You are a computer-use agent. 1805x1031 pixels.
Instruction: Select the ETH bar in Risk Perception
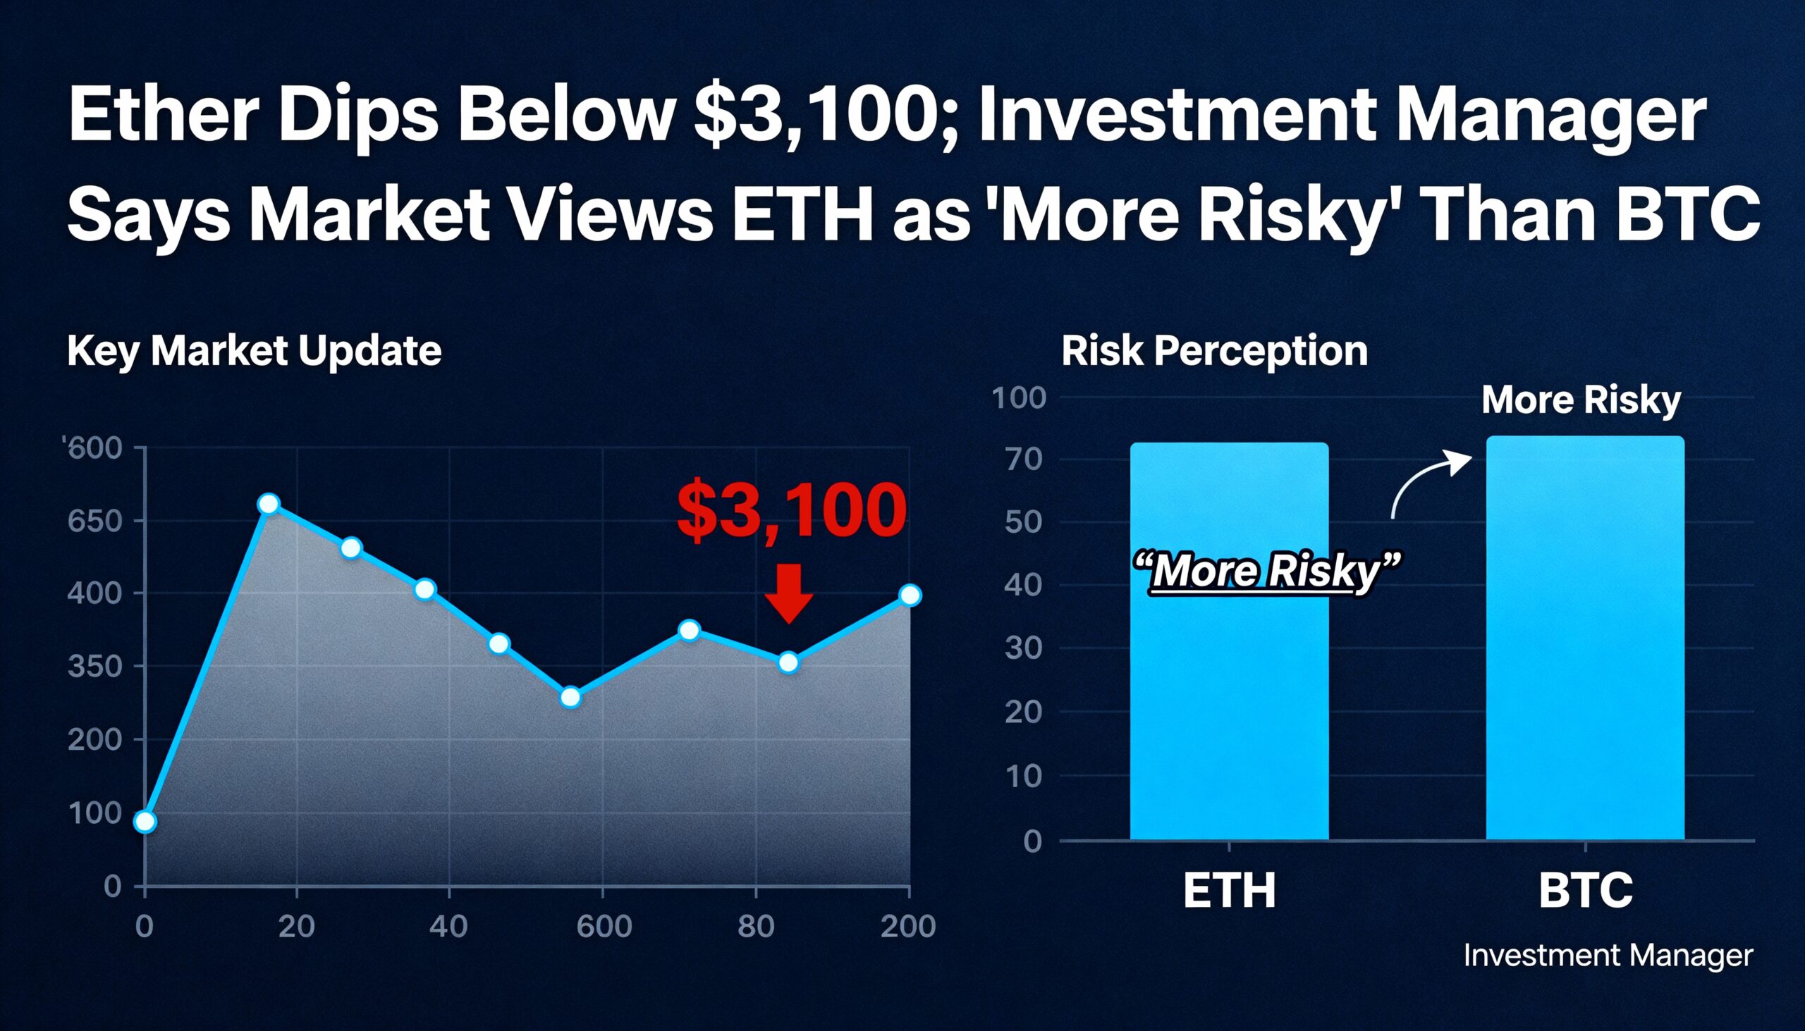click(x=1229, y=641)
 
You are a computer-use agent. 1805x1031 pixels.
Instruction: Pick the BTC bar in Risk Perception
click(x=1586, y=637)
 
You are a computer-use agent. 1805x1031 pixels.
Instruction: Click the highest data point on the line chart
click(x=269, y=504)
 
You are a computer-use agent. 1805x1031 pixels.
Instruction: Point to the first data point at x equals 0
click(x=145, y=822)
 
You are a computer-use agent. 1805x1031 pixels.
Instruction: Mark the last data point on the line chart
click(x=910, y=595)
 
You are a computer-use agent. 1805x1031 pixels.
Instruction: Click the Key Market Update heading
click(x=255, y=350)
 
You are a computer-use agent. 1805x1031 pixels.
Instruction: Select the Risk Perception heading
click(x=1214, y=350)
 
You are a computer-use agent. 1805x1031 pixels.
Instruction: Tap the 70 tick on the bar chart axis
click(x=1024, y=459)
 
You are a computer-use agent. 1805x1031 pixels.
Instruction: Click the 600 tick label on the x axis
click(x=604, y=925)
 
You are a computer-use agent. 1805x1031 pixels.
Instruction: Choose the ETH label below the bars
click(x=1229, y=890)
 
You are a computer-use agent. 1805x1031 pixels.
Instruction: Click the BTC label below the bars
click(x=1586, y=890)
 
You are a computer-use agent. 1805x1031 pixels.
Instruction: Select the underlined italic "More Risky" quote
click(x=1266, y=571)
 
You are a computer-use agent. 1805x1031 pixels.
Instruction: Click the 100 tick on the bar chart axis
click(x=1019, y=397)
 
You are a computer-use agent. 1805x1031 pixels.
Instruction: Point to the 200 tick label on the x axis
click(x=908, y=925)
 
